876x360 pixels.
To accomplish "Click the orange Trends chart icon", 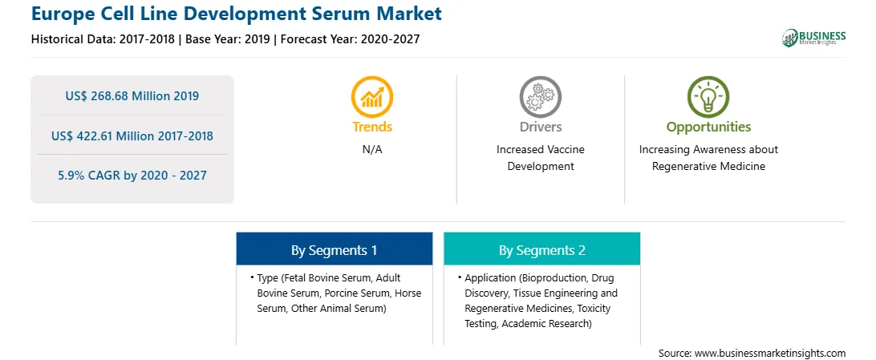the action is pyautogui.click(x=372, y=96).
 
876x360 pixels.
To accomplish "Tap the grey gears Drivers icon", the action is pyautogui.click(x=540, y=96).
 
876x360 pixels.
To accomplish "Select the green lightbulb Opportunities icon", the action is pyautogui.click(x=708, y=96).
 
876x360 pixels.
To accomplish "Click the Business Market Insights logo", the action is pyautogui.click(x=814, y=38).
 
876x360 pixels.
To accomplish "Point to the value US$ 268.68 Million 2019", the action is pyautogui.click(x=132, y=96).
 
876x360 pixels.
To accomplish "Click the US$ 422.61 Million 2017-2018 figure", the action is pyautogui.click(x=132, y=136).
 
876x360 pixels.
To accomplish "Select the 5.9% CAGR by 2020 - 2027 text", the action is pyautogui.click(x=132, y=176).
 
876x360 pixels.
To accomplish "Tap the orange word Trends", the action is pyautogui.click(x=372, y=127).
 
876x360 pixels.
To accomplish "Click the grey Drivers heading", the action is pyautogui.click(x=540, y=127).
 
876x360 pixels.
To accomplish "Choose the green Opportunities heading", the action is pyautogui.click(x=708, y=127).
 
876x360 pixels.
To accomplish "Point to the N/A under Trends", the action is pyautogui.click(x=372, y=150).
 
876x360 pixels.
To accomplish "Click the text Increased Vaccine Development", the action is pyautogui.click(x=540, y=158).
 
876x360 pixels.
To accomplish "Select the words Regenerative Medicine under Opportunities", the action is pyautogui.click(x=708, y=166).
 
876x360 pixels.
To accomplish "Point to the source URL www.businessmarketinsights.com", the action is pyautogui.click(x=770, y=353).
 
